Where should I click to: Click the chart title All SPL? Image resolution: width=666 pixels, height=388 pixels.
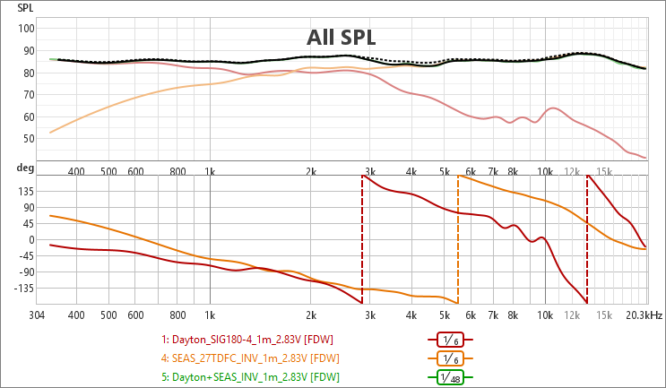[341, 38]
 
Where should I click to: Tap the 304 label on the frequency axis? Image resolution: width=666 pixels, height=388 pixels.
[38, 315]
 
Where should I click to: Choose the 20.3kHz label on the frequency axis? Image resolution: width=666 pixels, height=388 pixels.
[644, 315]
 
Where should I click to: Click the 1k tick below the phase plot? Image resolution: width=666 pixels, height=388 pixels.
[210, 315]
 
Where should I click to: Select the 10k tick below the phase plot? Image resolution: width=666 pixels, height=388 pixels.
[545, 315]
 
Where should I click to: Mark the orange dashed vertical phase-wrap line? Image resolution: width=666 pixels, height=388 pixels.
[458, 242]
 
